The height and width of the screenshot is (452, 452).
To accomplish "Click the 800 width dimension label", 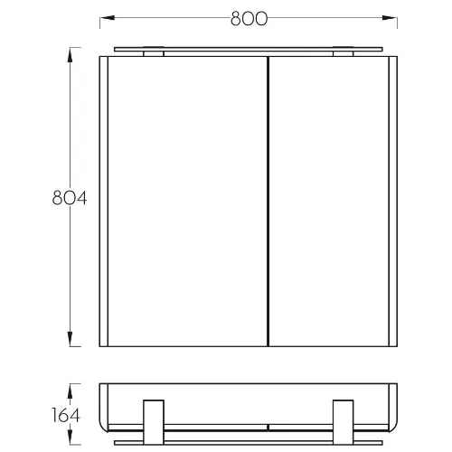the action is [x=249, y=19].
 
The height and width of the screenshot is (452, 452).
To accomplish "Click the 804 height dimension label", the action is [x=70, y=198].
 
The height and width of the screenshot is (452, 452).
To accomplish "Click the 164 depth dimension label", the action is [x=66, y=415].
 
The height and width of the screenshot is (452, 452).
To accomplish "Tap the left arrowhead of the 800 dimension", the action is [x=108, y=18].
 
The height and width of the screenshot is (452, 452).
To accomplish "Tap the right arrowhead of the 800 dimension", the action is [x=390, y=18].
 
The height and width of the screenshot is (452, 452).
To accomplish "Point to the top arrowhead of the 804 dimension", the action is [x=70, y=55].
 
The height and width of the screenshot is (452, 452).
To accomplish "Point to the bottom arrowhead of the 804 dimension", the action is [x=70, y=339].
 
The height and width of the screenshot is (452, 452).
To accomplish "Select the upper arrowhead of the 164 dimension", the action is [x=70, y=391].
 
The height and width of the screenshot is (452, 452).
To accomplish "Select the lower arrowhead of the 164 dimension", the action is [x=70, y=437].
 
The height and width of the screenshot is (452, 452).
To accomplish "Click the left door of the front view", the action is [x=187, y=202].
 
